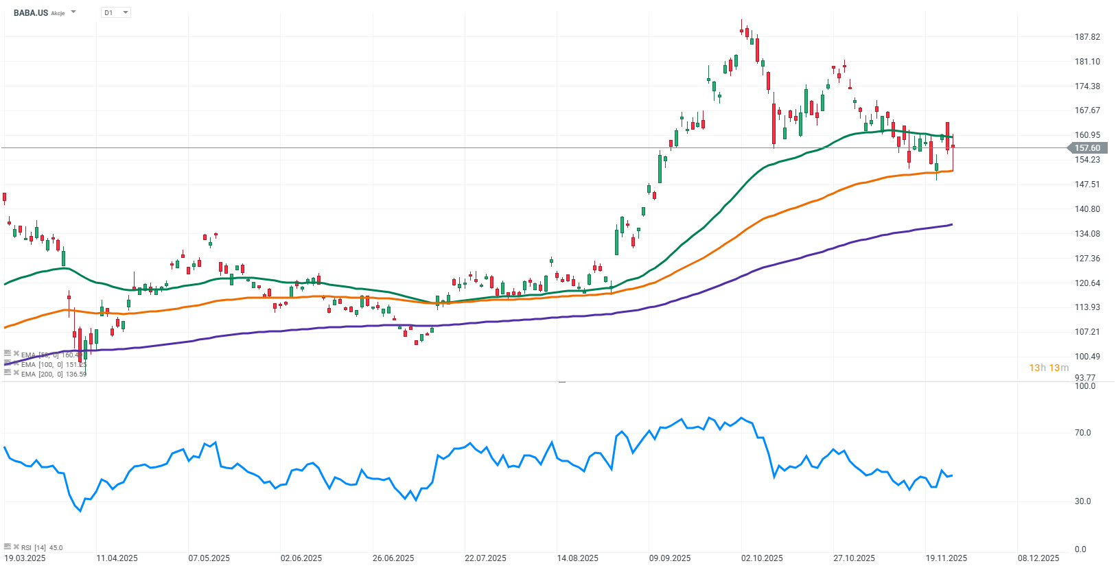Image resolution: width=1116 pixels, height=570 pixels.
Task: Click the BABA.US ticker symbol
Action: (x=31, y=12)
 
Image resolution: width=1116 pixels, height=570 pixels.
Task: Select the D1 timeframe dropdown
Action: (x=115, y=12)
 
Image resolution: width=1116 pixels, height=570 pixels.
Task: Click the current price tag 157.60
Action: (x=1086, y=148)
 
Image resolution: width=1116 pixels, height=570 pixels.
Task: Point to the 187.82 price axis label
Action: (x=1087, y=37)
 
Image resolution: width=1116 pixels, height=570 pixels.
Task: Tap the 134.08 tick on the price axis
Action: (x=1087, y=234)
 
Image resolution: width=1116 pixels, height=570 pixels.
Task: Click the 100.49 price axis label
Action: (x=1087, y=357)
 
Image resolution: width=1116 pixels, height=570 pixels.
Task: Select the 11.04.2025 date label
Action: (x=117, y=558)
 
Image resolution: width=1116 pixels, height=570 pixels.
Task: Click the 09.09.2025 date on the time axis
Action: (x=670, y=558)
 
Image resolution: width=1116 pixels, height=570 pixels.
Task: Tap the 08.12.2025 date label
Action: (x=1038, y=558)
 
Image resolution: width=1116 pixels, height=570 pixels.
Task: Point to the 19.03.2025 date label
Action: (x=25, y=558)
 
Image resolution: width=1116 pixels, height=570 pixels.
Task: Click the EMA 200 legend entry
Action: (x=54, y=374)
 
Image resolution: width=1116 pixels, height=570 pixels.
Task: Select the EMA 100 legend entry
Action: (x=54, y=364)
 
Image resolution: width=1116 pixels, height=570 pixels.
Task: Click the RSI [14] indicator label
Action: (x=41, y=547)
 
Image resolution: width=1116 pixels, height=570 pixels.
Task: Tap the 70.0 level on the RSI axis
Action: (x=1082, y=433)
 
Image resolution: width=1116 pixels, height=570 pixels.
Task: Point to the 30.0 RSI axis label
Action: (x=1082, y=501)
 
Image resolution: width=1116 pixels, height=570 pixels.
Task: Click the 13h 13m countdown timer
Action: (x=1049, y=368)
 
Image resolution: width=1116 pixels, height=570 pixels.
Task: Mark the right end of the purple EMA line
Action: (x=952, y=224)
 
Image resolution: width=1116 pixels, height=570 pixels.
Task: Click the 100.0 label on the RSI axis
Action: (x=1084, y=386)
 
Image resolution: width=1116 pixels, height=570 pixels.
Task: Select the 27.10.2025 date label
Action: (x=855, y=558)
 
